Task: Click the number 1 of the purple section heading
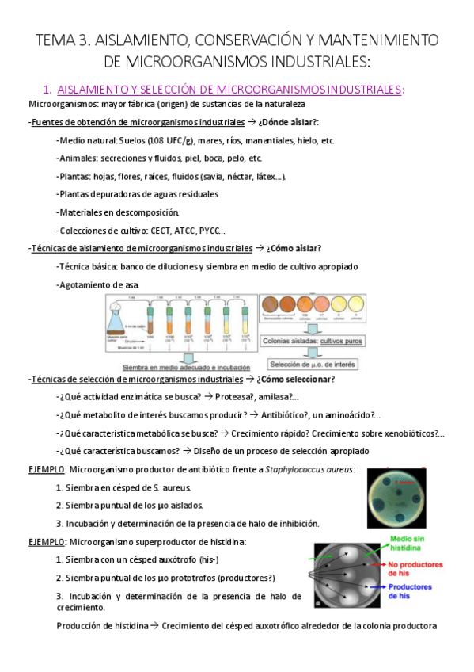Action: click(47, 90)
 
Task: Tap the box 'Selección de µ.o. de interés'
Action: click(311, 365)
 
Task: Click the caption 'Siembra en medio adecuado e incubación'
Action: click(185, 368)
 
